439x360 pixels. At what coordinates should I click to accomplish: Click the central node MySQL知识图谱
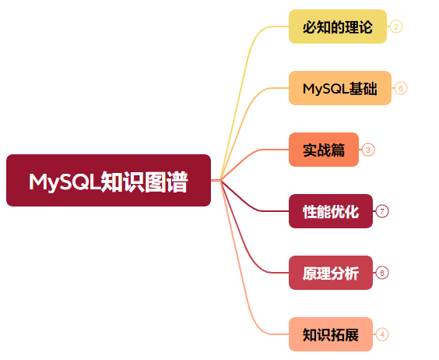[108, 180]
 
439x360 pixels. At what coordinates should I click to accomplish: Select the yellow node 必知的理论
[338, 26]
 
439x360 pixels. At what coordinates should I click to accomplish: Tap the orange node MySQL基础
[340, 88]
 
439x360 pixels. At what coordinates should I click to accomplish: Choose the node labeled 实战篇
[324, 150]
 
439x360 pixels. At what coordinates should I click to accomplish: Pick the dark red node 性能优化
[331, 211]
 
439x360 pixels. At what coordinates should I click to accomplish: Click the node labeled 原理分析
[331, 273]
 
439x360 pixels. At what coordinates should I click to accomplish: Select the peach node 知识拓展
[331, 334]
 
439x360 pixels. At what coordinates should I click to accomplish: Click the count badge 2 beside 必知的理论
[396, 26]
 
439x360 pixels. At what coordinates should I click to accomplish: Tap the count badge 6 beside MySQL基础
[401, 88]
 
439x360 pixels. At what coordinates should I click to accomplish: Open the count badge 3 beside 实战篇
[368, 150]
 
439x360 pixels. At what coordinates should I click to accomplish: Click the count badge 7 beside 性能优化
[382, 211]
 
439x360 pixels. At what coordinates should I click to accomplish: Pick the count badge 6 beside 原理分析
[382, 273]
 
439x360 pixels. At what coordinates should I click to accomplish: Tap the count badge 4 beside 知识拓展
[382, 334]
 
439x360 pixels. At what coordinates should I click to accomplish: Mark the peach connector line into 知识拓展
[243, 281]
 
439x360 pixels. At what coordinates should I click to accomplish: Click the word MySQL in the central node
[65, 182]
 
